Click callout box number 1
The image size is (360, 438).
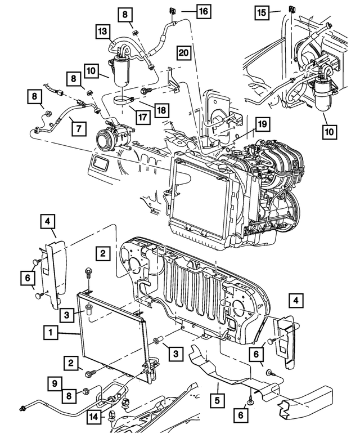(x=50, y=333)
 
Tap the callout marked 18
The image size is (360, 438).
(x=161, y=110)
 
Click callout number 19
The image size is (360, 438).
(x=260, y=124)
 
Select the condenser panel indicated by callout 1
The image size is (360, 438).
(x=112, y=332)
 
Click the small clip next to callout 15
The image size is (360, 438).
(x=292, y=8)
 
